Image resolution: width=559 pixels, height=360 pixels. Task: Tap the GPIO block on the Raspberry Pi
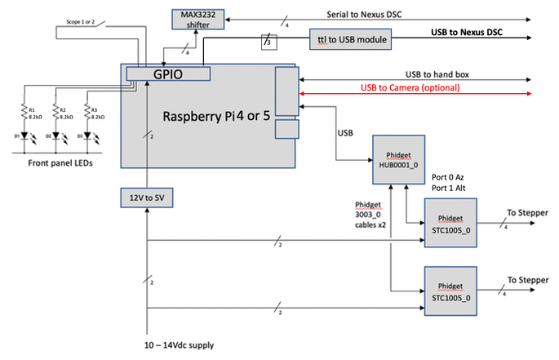pyautogui.click(x=168, y=73)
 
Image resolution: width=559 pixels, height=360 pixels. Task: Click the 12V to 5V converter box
pyautogui.click(x=147, y=197)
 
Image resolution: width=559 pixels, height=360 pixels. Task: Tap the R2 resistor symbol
pyautogui.click(x=55, y=113)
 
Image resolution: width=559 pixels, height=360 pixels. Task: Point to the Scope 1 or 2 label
pyautogui.click(x=80, y=22)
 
